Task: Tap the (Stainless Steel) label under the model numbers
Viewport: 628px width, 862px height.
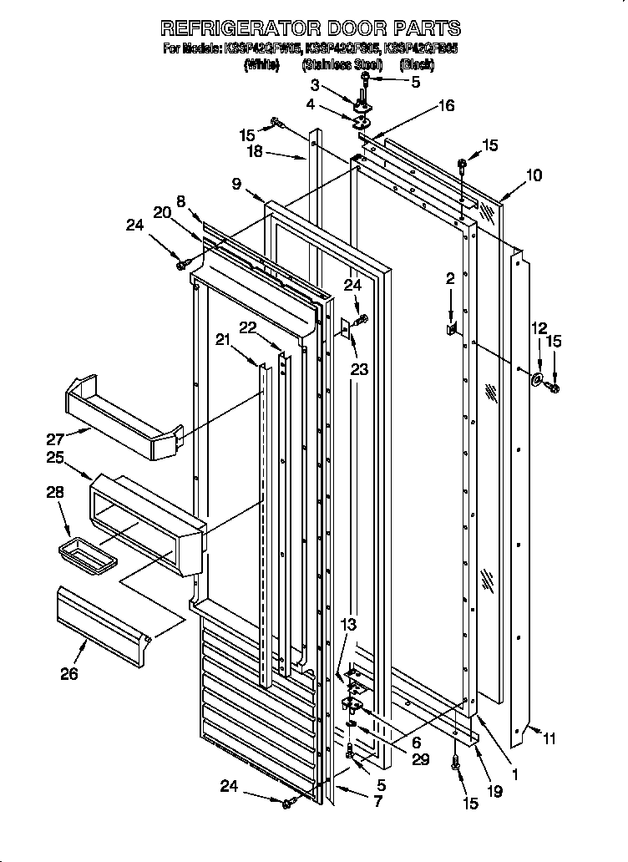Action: coord(342,64)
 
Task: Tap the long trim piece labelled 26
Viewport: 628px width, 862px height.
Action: coord(104,616)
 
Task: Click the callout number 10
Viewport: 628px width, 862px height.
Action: coord(534,175)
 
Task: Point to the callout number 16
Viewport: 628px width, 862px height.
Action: coord(447,105)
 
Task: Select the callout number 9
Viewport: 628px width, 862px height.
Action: coord(236,183)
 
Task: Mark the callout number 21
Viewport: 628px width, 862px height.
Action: coord(222,339)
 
